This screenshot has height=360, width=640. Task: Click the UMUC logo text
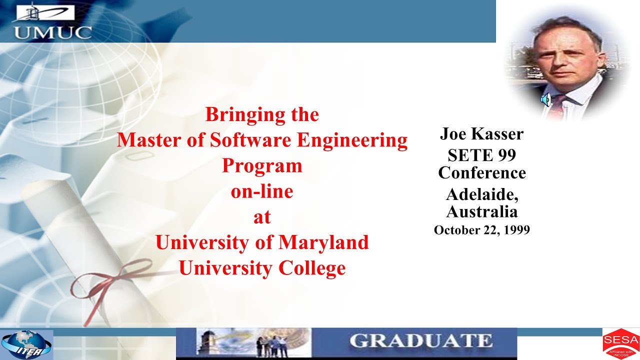tap(52, 32)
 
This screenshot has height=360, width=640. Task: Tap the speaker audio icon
tap(545, 100)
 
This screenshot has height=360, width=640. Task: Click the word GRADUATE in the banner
tap(421, 341)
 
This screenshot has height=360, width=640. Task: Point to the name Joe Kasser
tap(481, 133)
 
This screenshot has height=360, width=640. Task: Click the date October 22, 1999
tap(481, 230)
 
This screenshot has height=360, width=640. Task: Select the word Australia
tap(481, 211)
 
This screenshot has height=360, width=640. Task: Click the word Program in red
tap(262, 165)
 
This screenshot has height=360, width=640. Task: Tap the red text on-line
tap(262, 191)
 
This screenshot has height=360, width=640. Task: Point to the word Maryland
tap(323, 242)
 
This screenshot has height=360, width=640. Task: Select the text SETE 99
tap(481, 155)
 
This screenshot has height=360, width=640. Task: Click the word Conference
tap(481, 173)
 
